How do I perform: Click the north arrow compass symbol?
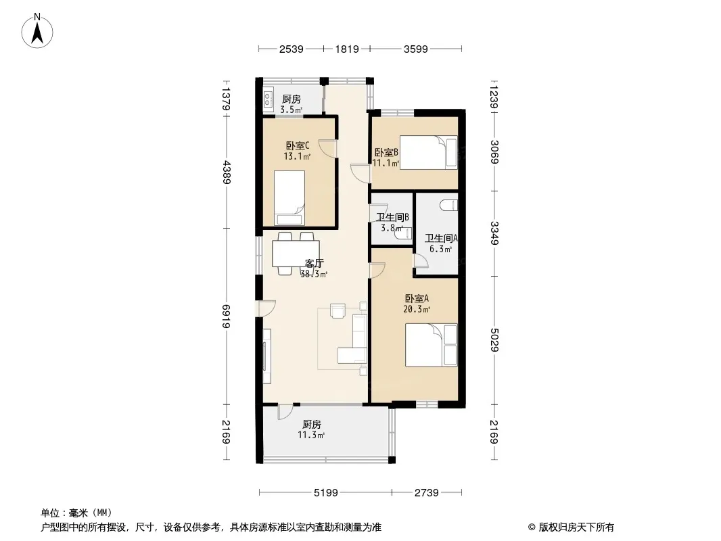tap(37, 30)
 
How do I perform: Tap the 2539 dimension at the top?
tap(291, 49)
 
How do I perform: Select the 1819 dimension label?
tap(347, 49)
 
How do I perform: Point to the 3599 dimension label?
tap(416, 49)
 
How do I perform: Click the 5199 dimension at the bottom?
tap(325, 493)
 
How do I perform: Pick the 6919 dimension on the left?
tap(226, 316)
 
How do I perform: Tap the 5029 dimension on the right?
tap(494, 339)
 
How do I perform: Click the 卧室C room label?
tap(298, 145)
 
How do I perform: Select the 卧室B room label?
tap(386, 152)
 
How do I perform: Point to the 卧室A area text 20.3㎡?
tap(417, 309)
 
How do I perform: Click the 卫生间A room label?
tap(441, 238)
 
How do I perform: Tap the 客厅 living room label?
tap(314, 263)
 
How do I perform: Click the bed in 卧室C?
tap(289, 198)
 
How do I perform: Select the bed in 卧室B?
tap(429, 153)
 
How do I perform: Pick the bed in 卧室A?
tap(432, 345)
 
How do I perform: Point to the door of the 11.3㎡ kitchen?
tap(285, 411)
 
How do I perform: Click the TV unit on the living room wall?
tap(266, 356)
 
